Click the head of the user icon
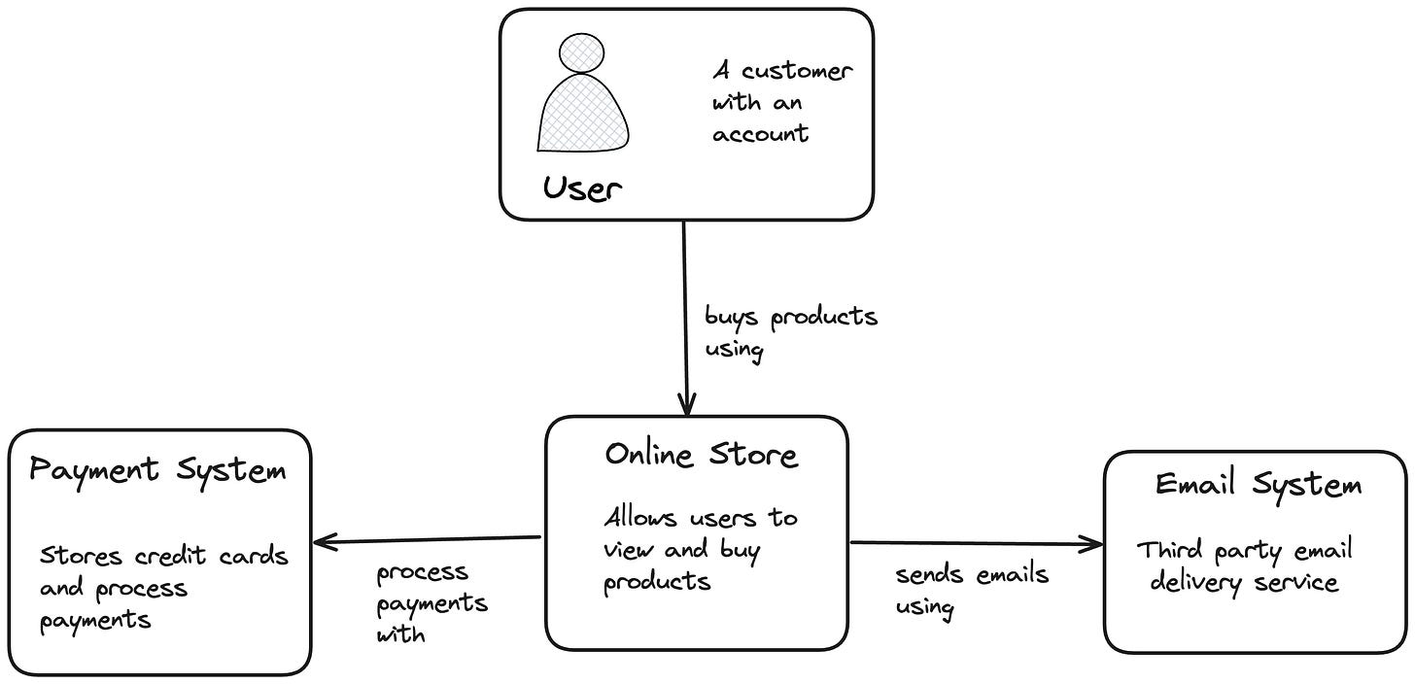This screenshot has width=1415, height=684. pyautogui.click(x=582, y=52)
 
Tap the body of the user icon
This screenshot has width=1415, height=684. pyautogui.click(x=582, y=115)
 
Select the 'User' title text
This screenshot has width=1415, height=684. pyautogui.click(x=582, y=187)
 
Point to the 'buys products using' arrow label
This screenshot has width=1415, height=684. pyautogui.click(x=790, y=332)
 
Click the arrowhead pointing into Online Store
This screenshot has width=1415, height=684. pyautogui.click(x=687, y=406)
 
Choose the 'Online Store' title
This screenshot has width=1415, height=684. pyautogui.click(x=701, y=455)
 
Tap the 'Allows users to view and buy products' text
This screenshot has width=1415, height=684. pyautogui.click(x=700, y=549)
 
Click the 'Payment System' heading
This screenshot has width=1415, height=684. pyautogui.click(x=157, y=471)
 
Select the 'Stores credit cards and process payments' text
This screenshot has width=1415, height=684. pyautogui.click(x=163, y=588)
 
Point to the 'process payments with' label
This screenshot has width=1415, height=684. pyautogui.click(x=431, y=602)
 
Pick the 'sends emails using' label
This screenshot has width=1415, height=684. pyautogui.click(x=971, y=590)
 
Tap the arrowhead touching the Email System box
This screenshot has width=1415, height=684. pyautogui.click(x=1095, y=544)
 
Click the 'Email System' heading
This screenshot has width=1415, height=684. pyautogui.click(x=1258, y=484)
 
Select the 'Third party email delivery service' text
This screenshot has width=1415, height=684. pyautogui.click(x=1244, y=566)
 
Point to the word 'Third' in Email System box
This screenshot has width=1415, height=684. pyautogui.click(x=1170, y=550)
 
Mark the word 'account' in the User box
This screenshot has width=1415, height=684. pyautogui.click(x=760, y=134)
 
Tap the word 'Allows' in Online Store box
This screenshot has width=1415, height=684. pyautogui.click(x=638, y=518)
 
